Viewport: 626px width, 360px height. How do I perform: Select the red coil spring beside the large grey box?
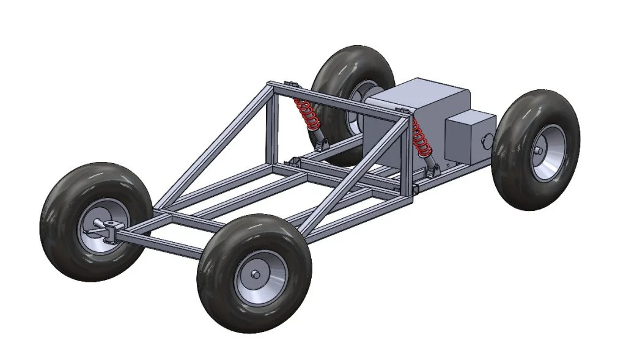pos(419,138)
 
